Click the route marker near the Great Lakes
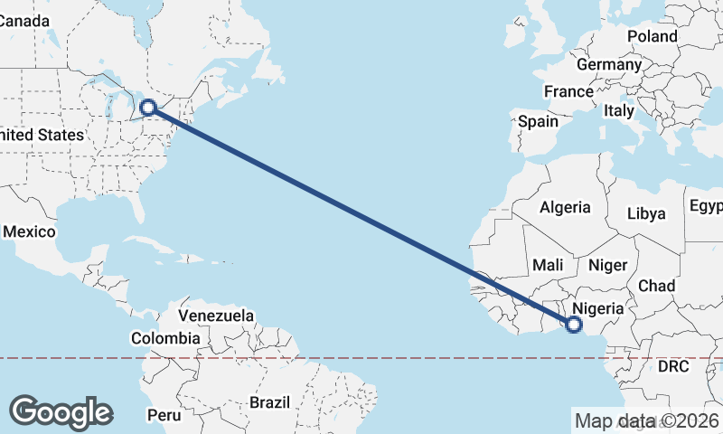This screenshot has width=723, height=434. click(x=149, y=108)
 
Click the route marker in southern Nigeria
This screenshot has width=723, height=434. click(x=573, y=325)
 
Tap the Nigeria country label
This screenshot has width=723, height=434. click(x=599, y=308)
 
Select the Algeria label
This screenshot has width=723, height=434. click(x=565, y=207)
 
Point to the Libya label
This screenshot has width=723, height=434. click(x=647, y=214)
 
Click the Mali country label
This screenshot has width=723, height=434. click(x=549, y=265)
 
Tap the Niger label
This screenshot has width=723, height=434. click(x=606, y=265)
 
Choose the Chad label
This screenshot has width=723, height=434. click(x=656, y=286)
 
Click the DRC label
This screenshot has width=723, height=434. click(x=673, y=366)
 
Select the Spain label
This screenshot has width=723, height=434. click(x=538, y=121)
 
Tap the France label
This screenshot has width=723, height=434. click(x=568, y=91)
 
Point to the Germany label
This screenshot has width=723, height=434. click(x=608, y=65)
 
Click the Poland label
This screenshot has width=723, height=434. click(x=652, y=36)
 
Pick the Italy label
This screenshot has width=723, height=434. click(x=619, y=110)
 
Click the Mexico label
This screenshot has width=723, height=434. click(x=29, y=231)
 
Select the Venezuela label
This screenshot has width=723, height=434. click(x=216, y=316)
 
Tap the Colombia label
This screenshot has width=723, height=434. click(x=165, y=338)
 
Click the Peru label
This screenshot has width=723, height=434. click(x=164, y=416)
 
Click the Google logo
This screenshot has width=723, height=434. click(x=61, y=411)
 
